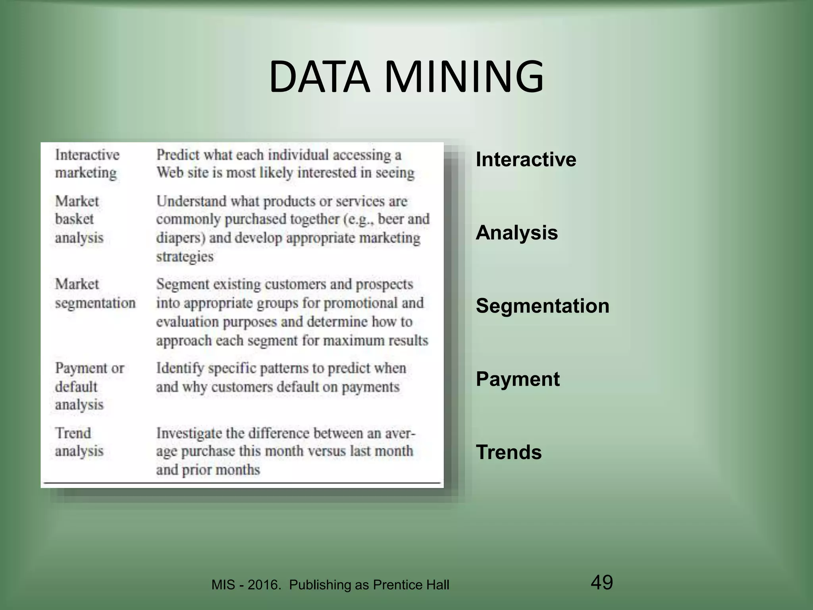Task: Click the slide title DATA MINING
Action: (406, 77)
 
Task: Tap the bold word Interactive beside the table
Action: (526, 160)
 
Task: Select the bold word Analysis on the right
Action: (516, 233)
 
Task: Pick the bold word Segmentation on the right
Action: (542, 306)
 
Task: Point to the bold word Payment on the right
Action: (517, 379)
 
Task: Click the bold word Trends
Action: (509, 452)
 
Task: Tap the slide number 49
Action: (601, 582)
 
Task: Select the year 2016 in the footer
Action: (264, 585)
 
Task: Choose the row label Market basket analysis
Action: (79, 219)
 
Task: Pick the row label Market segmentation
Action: (95, 293)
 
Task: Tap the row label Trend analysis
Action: (79, 442)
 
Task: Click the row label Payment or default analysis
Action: (89, 386)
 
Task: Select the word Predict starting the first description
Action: (178, 155)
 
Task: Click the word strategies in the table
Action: (185, 257)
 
